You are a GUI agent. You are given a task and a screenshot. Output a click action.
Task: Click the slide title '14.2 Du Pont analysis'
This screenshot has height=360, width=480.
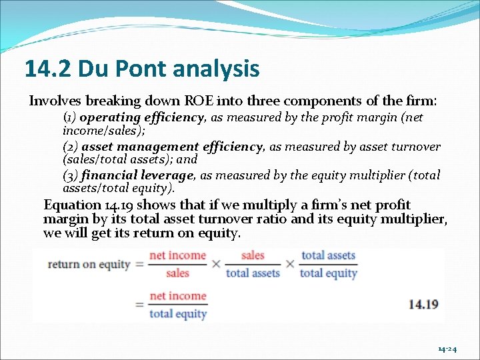click(x=142, y=68)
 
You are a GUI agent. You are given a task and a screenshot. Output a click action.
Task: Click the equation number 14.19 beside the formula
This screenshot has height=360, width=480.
click(x=423, y=304)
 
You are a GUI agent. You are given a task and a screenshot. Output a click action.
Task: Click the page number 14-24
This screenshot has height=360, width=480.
click(x=447, y=349)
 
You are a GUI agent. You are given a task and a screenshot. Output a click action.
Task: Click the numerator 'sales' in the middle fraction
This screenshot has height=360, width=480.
click(x=253, y=255)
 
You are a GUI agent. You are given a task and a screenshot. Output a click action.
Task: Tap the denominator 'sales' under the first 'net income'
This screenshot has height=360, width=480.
click(x=177, y=273)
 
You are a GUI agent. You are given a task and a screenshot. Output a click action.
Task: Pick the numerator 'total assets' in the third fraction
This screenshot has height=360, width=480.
click(x=328, y=255)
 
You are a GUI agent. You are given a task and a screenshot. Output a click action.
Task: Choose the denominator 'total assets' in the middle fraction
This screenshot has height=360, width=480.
click(x=253, y=273)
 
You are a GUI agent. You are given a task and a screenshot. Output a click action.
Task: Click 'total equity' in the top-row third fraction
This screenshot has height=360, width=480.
click(x=328, y=273)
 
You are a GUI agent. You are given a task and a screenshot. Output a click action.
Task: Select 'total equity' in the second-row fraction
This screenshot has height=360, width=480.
click(x=177, y=313)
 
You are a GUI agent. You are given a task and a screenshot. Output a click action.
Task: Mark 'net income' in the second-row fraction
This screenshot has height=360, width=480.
click(x=177, y=296)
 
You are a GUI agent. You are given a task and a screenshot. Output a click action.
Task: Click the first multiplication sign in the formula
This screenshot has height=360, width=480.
click(x=216, y=264)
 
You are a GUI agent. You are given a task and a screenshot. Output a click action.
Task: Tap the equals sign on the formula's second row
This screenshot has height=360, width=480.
click(x=140, y=305)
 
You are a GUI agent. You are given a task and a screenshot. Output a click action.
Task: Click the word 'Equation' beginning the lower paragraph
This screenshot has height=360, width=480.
click(x=72, y=205)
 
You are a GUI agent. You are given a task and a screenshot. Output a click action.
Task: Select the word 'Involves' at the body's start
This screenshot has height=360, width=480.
click(x=55, y=101)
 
